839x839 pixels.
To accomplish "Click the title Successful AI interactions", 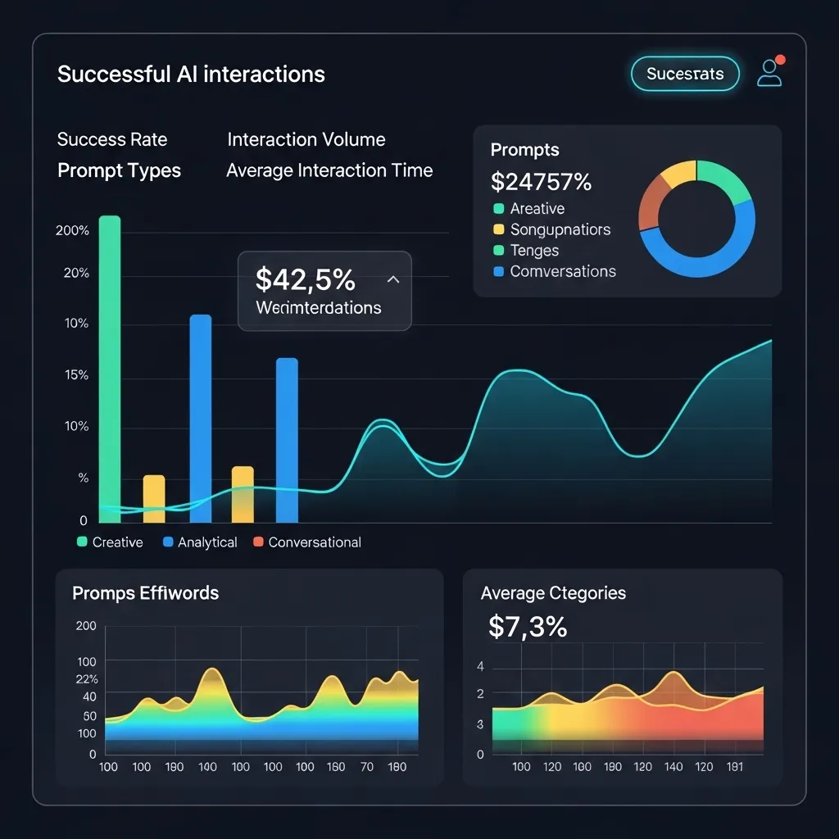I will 191,75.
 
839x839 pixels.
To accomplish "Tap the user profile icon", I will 769,73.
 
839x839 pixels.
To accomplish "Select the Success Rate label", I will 112,139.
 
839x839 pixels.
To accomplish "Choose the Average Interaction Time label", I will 329,170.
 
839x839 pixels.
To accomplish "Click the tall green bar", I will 110,369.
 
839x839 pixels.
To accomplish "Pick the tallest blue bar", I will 201,418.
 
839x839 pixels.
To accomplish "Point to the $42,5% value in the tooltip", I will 305,279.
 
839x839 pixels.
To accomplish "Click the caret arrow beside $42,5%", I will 393,279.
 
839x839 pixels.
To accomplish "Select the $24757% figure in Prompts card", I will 541,180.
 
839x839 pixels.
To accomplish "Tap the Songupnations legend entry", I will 560,229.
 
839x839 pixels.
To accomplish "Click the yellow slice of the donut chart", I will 676,173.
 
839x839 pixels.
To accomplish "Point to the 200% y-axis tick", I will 72,231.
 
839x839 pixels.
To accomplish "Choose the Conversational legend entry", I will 314,542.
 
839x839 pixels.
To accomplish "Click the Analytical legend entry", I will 206,542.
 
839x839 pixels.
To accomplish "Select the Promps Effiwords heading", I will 146,593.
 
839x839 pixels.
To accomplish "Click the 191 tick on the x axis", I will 735,767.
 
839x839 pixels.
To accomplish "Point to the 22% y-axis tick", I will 87,679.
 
